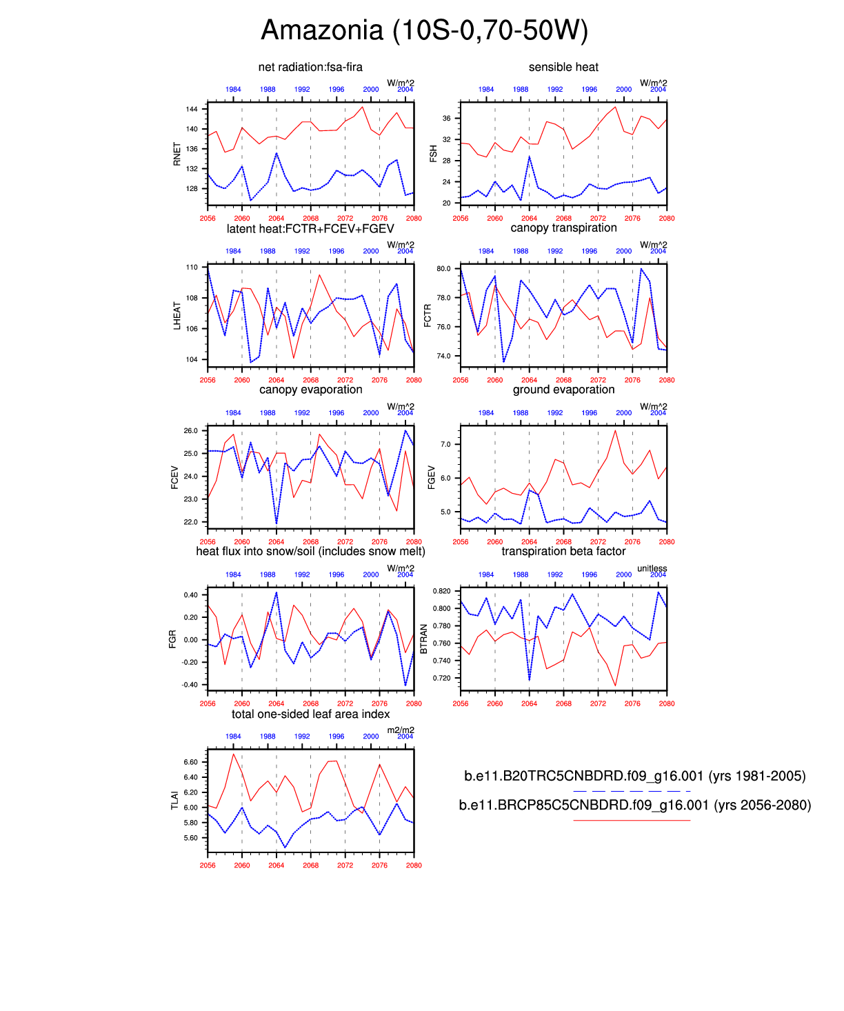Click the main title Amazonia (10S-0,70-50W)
[424, 30]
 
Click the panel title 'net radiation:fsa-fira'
[310, 67]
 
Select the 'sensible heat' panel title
[563, 67]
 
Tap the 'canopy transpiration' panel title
[563, 228]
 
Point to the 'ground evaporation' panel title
[563, 390]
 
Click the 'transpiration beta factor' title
[563, 551]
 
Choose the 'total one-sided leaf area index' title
[310, 714]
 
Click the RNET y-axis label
[177, 154]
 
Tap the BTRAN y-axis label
[424, 639]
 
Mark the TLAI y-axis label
[175, 801]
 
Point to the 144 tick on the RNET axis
[192, 109]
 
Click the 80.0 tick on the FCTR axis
[443, 269]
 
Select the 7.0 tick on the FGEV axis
[445, 445]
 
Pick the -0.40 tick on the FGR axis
[190, 685]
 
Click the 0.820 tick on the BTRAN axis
[442, 592]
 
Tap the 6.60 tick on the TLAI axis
[190, 762]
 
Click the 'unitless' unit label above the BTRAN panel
[652, 568]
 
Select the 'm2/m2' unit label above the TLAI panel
[401, 730]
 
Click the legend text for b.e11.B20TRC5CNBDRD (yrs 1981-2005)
[634, 777]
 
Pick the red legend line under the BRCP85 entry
[632, 820]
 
